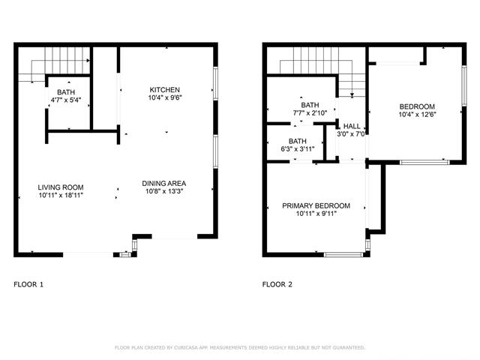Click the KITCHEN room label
164,90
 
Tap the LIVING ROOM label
61,187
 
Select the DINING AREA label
163,183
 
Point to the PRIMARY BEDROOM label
316,205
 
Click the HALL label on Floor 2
352,126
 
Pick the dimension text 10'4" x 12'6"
417,115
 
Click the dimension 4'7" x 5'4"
66,100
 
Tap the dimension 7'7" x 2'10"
310,113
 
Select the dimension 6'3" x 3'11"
297,149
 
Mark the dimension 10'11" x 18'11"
61,195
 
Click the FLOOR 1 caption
28,284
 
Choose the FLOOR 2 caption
277,284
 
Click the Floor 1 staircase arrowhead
88,61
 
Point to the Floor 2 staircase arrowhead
352,95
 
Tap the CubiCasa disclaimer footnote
240,347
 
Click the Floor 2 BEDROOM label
417,106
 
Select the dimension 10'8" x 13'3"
163,191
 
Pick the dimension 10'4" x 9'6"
164,97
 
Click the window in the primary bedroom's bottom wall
343,254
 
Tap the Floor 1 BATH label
66,91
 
